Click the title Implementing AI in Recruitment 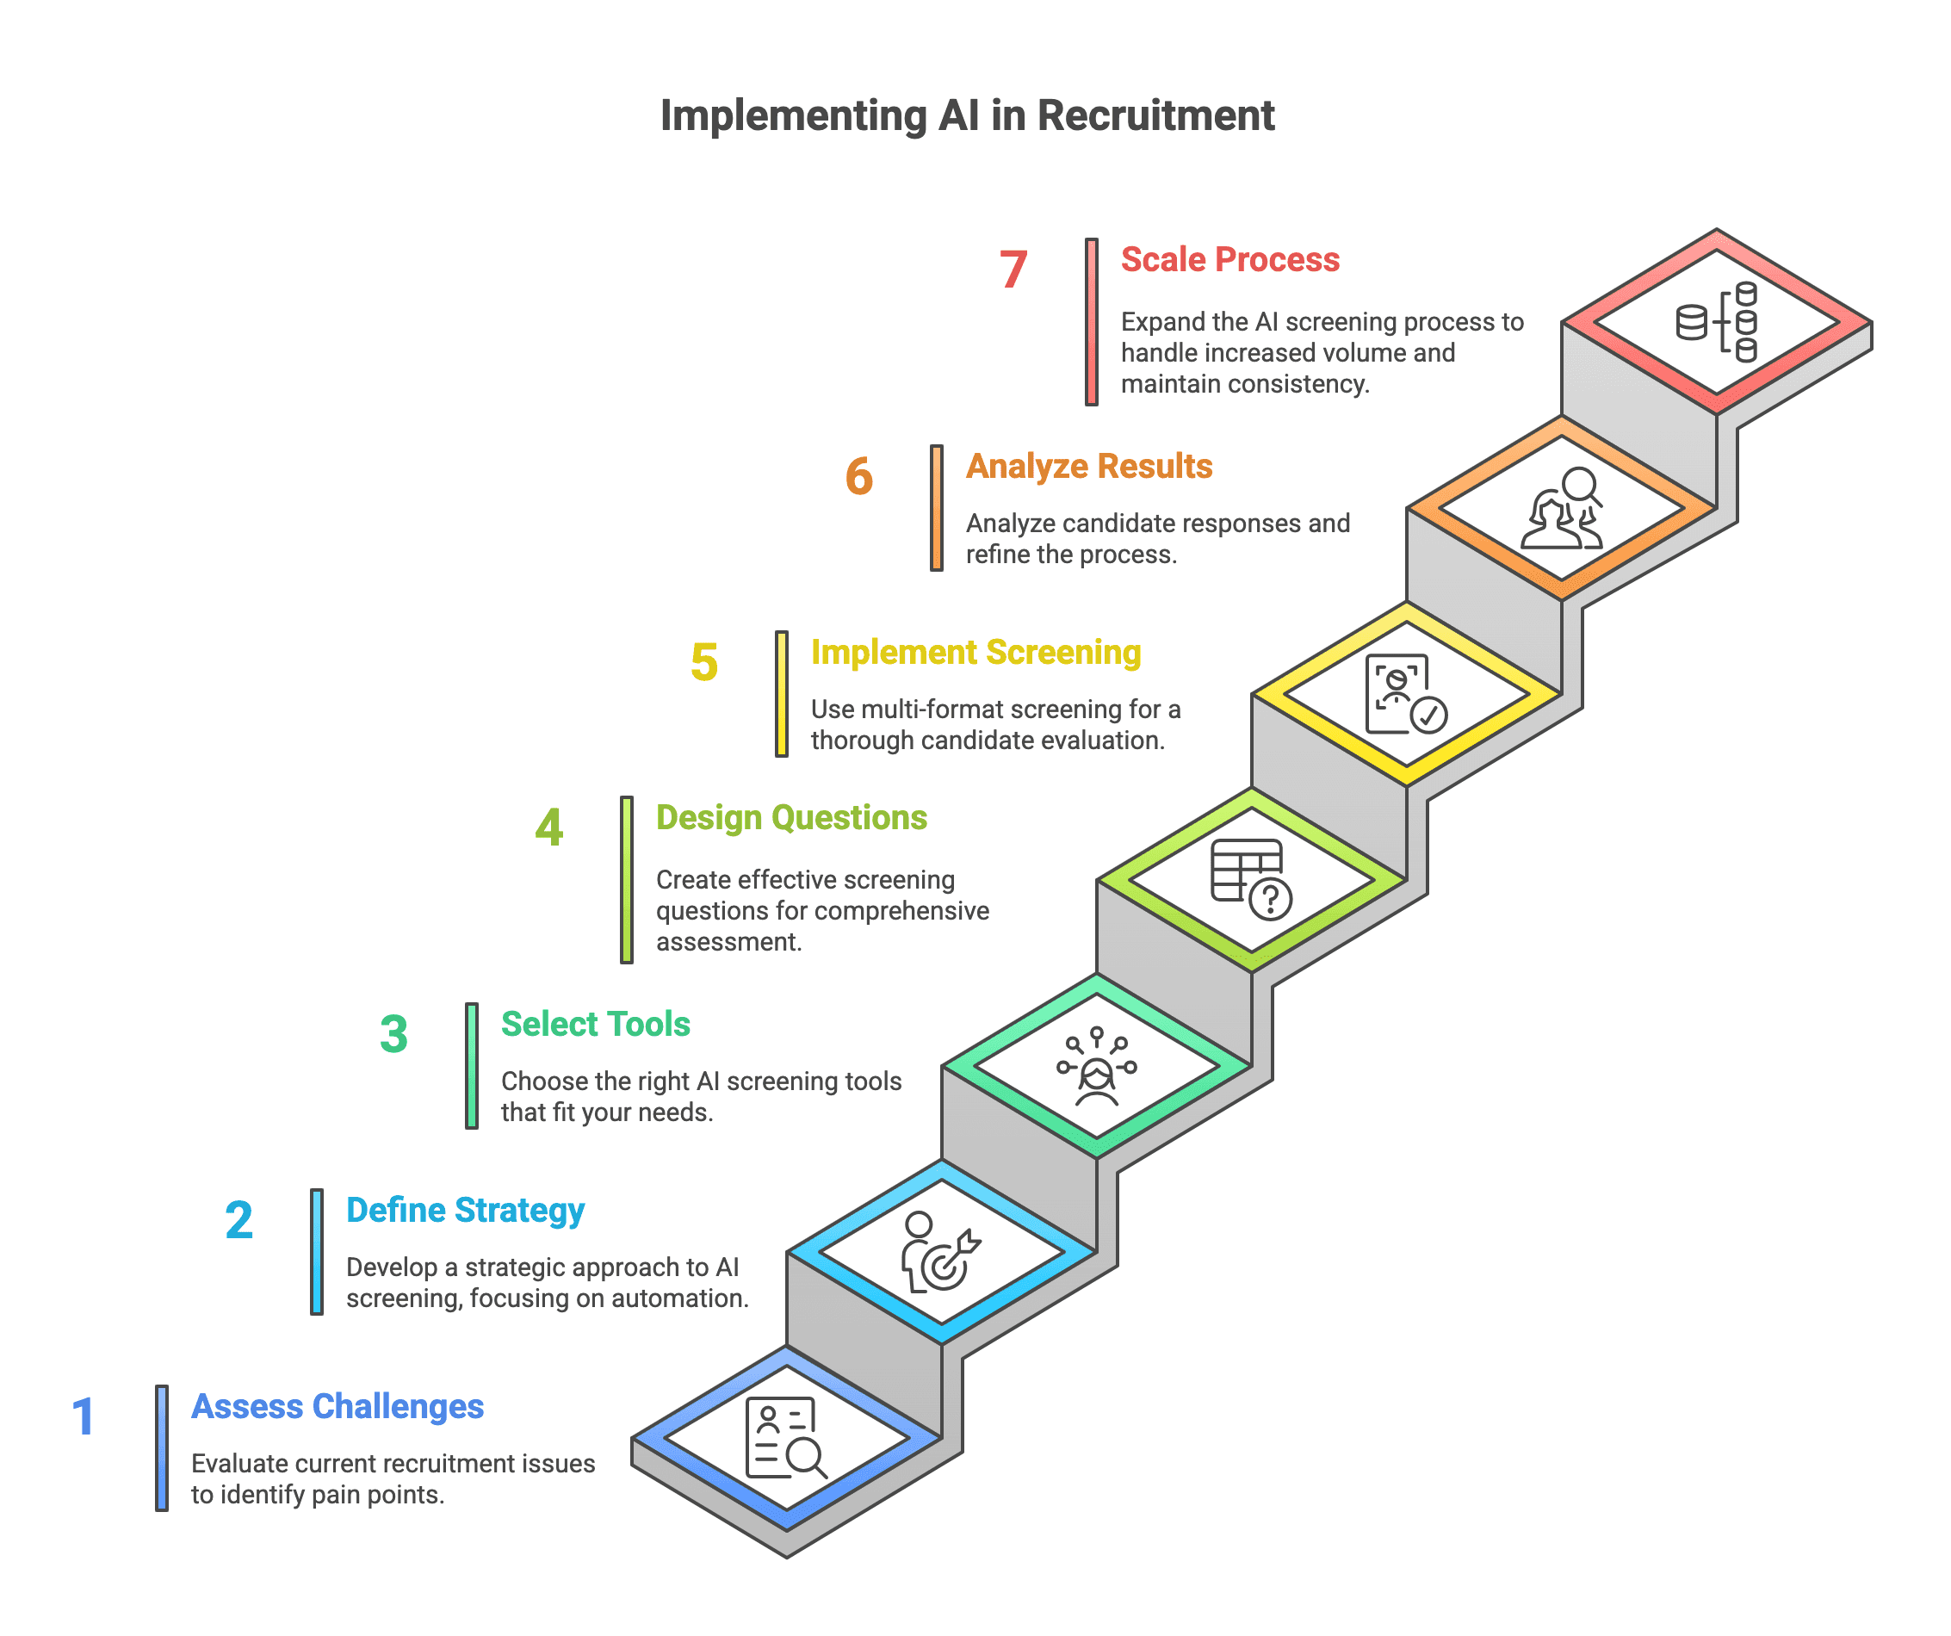(967, 116)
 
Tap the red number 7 (1013, 270)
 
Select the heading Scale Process (1229, 259)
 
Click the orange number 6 (858, 475)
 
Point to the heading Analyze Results (1089, 466)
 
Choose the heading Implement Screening (975, 652)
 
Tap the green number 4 (549, 827)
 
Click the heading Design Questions (790, 817)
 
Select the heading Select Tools (596, 1024)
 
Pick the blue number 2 (238, 1220)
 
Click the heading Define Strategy (466, 1210)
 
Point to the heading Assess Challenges (338, 1407)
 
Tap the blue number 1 (84, 1416)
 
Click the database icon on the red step (1716, 322)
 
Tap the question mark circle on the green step (1270, 899)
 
